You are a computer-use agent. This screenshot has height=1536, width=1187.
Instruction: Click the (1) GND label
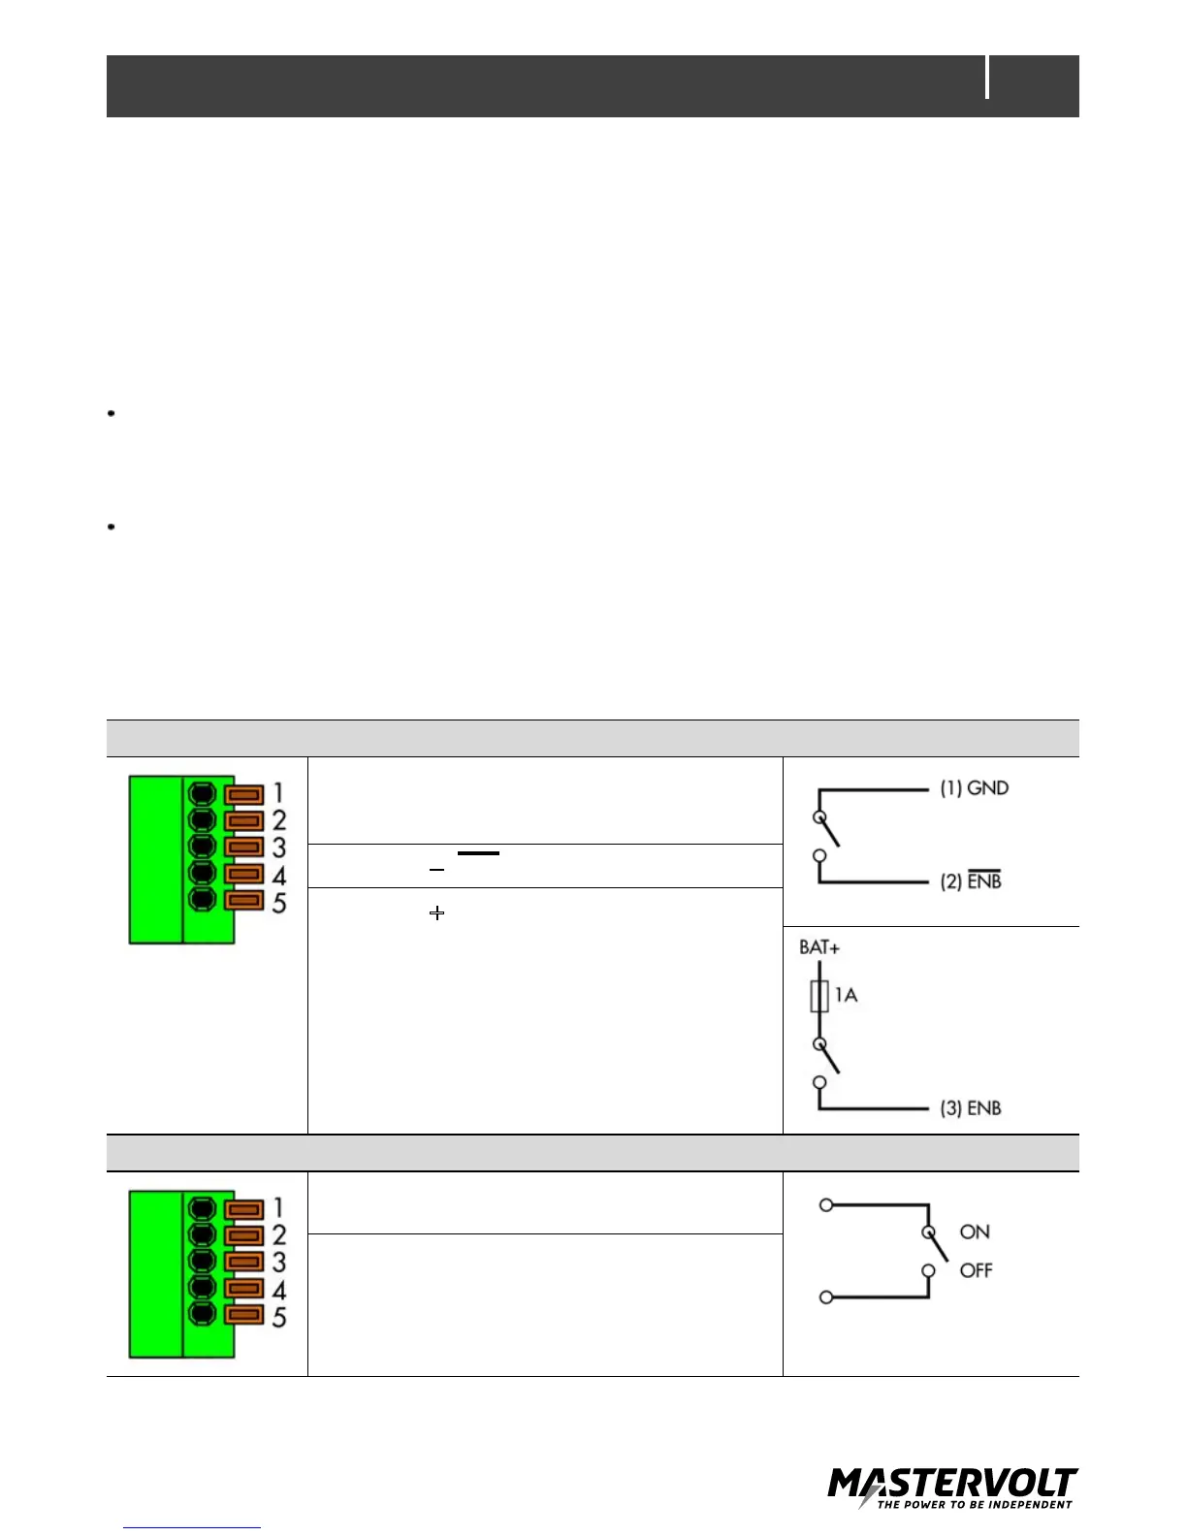coord(974,788)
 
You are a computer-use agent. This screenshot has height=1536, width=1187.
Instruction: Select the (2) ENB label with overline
coord(971,881)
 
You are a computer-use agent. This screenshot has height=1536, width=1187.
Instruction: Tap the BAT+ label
coord(819,947)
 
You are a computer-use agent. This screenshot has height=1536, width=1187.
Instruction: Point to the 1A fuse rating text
coord(846,995)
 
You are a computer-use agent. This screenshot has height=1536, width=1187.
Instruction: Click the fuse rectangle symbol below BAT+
coord(819,996)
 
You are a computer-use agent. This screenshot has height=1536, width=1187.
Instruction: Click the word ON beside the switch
coord(975,1232)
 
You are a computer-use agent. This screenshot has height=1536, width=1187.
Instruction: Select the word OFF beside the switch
coord(977,1270)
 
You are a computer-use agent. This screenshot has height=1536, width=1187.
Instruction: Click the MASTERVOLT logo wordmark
coord(952,1485)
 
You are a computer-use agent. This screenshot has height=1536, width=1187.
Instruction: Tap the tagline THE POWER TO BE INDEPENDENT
coord(975,1505)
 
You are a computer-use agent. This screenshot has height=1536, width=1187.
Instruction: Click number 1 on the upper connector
coord(278,794)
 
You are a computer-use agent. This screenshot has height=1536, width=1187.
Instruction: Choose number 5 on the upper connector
coord(279,903)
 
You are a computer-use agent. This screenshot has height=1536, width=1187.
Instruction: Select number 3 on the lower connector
coord(279,1263)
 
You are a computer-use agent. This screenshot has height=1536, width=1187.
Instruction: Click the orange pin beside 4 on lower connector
coord(243,1289)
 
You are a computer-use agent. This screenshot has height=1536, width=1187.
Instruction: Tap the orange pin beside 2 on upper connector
coord(243,821)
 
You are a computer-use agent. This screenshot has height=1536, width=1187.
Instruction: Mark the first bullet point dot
coord(112,414)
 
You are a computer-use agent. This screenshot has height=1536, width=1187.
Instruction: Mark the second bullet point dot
coord(112,528)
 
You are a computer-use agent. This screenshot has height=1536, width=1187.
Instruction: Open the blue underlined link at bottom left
coord(192,1526)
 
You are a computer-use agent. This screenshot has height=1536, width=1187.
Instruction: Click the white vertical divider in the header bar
coord(988,78)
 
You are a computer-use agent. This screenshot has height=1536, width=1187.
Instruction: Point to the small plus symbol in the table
coord(437,912)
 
